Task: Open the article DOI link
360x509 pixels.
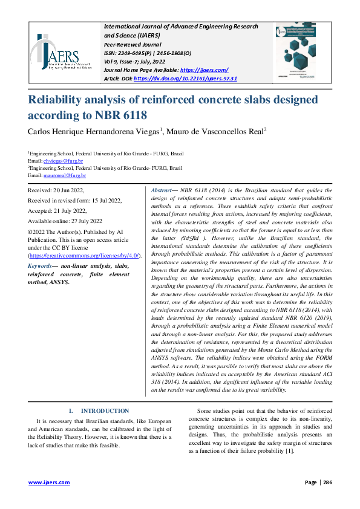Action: [185, 79]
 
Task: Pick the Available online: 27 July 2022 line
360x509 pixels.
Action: [65, 221]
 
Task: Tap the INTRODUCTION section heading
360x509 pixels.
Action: [105, 410]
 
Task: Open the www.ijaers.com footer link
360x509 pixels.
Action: [50, 482]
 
